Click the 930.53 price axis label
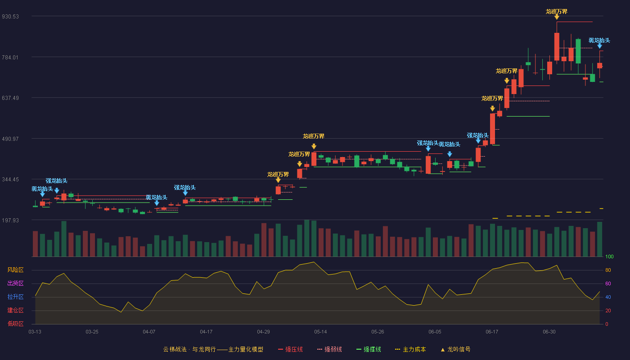tap(10, 17)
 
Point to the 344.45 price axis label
tap(10, 180)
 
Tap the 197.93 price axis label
tap(10, 220)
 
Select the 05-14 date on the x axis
tap(320, 332)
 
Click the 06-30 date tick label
tap(549, 332)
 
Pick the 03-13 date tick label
tap(35, 332)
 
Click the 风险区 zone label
tap(15, 270)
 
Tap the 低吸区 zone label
tap(15, 324)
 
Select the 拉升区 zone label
tap(15, 297)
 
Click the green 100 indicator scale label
tap(609, 256)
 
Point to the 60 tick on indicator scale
tap(608, 283)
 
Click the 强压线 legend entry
tap(290, 349)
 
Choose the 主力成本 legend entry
tap(410, 349)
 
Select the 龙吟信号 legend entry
tap(455, 349)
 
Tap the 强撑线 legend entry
tap(369, 349)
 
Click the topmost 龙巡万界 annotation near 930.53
tap(557, 12)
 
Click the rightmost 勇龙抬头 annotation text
tap(599, 40)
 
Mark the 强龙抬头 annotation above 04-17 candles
tap(185, 188)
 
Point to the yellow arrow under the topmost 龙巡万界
tap(557, 17)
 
